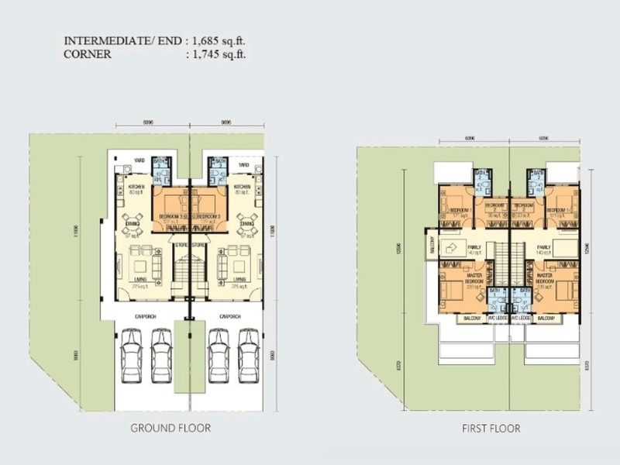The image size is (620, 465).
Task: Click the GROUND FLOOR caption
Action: (170, 427)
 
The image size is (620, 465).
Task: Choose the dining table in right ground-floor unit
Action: (247, 219)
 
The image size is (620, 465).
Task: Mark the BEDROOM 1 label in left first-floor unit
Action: (460, 210)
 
